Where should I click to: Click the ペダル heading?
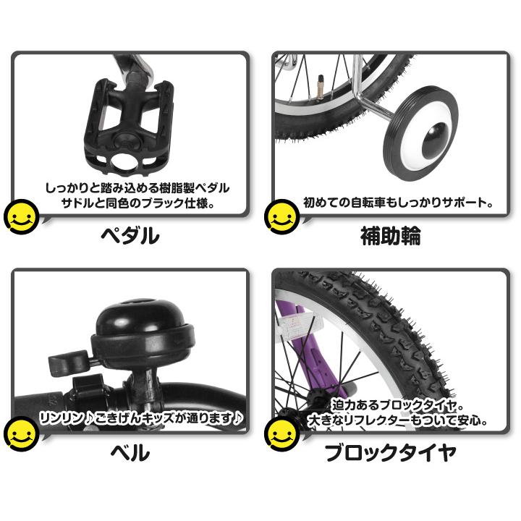128,236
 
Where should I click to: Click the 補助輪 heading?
390,236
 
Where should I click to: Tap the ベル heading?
128,454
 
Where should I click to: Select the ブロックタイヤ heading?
390,454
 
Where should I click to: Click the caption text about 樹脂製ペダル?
138,188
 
